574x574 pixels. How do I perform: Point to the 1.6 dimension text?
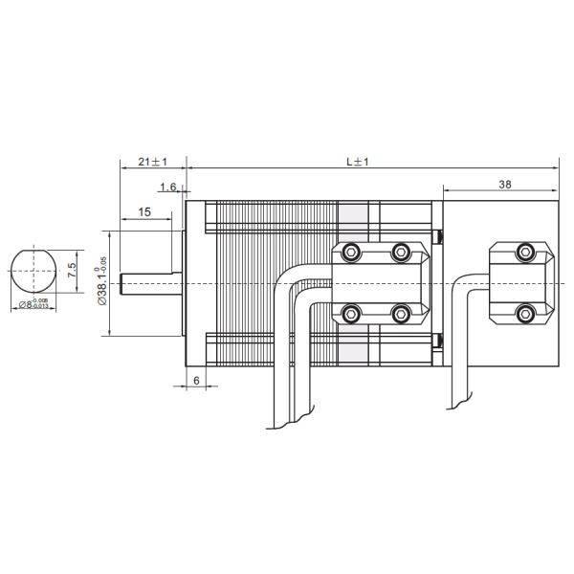[x=168, y=187]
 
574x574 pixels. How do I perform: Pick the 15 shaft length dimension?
[x=143, y=211]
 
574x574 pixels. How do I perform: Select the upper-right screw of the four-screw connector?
[x=401, y=253]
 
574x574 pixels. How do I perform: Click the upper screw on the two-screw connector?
[x=523, y=253]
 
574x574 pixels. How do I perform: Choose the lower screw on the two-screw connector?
[x=523, y=312]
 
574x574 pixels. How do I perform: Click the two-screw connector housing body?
[x=522, y=282]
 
